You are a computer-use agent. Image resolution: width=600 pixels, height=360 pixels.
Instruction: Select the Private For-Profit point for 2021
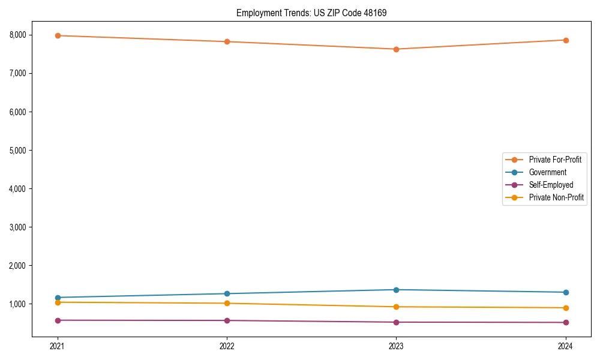pyautogui.click(x=58, y=35)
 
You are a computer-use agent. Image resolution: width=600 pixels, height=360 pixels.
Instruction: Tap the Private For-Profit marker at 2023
pyautogui.click(x=396, y=49)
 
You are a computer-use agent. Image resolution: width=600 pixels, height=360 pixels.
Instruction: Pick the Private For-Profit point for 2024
pyautogui.click(x=566, y=40)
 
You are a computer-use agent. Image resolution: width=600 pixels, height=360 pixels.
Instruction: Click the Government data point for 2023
pyautogui.click(x=396, y=290)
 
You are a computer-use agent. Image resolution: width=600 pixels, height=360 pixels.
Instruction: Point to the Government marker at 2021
pyautogui.click(x=58, y=298)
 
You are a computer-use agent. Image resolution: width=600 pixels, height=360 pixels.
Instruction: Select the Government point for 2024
pyautogui.click(x=566, y=292)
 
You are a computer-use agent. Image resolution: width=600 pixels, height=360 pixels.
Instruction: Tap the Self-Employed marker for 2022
pyautogui.click(x=227, y=320)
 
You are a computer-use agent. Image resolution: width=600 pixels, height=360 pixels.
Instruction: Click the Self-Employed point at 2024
pyautogui.click(x=566, y=322)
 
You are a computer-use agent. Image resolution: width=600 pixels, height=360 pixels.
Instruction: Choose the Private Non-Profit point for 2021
pyautogui.click(x=58, y=302)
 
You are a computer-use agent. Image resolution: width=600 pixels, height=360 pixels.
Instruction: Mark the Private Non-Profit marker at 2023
pyautogui.click(x=396, y=307)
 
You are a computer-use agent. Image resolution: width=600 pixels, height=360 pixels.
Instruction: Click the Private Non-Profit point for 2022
pyautogui.click(x=227, y=303)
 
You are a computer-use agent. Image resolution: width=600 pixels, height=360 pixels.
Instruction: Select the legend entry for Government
pyautogui.click(x=547, y=172)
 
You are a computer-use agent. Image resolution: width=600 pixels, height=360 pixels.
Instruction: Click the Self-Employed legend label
pyautogui.click(x=551, y=185)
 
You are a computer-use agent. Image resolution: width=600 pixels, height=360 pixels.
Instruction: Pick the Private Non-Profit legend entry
pyautogui.click(x=556, y=197)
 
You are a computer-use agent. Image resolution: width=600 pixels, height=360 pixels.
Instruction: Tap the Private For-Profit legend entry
pyautogui.click(x=554, y=160)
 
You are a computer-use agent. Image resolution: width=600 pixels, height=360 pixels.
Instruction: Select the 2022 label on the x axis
pyautogui.click(x=227, y=346)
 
